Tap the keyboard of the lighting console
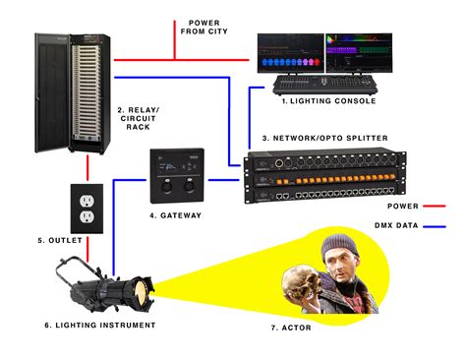coord(299,81)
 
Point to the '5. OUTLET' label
coord(58,240)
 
